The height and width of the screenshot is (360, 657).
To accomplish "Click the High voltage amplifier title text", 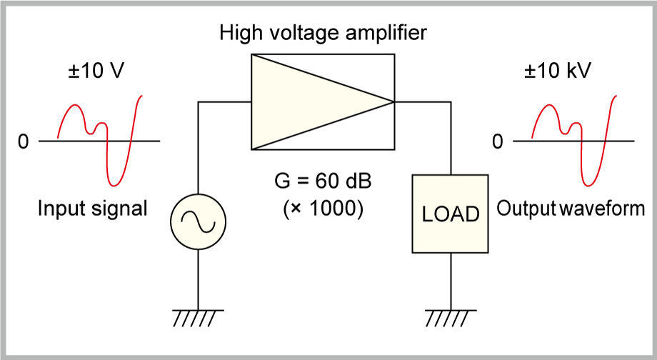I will (x=324, y=33).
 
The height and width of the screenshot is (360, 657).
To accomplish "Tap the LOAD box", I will (x=451, y=214).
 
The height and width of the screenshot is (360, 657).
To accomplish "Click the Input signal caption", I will (x=92, y=209).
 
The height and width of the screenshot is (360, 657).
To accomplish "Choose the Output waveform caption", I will (x=571, y=209).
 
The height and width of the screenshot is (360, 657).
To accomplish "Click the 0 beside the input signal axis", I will (x=24, y=142).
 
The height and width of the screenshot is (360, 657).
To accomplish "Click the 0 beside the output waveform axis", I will (x=498, y=142).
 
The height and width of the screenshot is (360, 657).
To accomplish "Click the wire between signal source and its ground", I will (x=198, y=279).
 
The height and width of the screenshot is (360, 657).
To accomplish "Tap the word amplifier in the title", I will (x=388, y=33).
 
